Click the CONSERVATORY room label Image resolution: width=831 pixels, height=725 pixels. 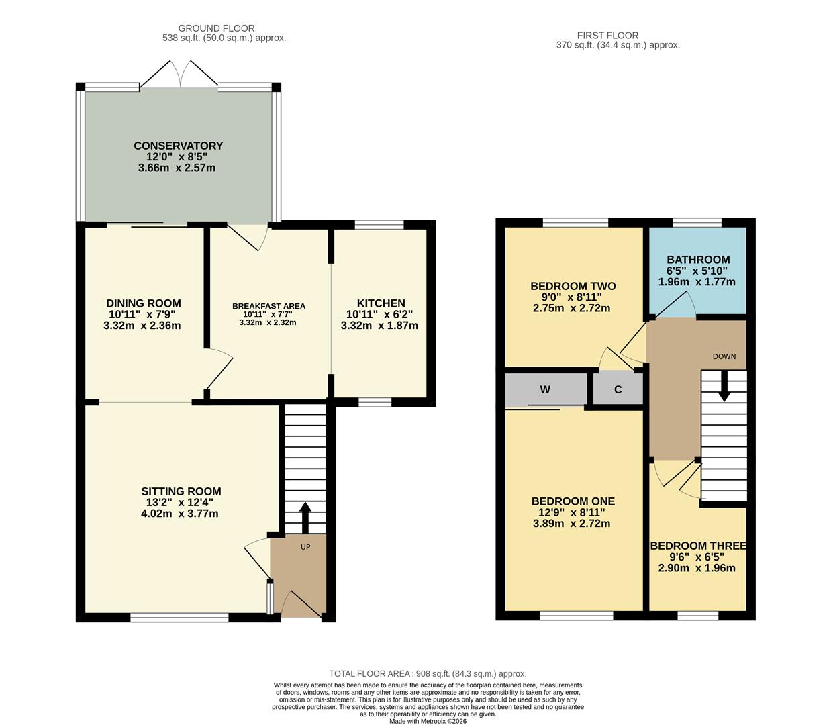pyautogui.click(x=178, y=146)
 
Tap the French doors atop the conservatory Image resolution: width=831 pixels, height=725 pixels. pyautogui.click(x=179, y=74)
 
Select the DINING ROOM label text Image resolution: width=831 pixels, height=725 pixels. pyautogui.click(x=144, y=303)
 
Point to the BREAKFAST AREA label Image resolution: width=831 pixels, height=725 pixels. pyautogui.click(x=268, y=306)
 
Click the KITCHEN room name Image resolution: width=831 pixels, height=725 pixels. pyautogui.click(x=381, y=303)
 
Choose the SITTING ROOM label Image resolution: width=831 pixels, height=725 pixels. pyautogui.click(x=181, y=491)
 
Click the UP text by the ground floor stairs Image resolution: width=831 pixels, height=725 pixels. pyautogui.click(x=305, y=547)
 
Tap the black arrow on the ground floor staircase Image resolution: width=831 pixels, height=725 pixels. pyautogui.click(x=305, y=517)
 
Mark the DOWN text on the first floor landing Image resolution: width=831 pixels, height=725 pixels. pyautogui.click(x=724, y=356)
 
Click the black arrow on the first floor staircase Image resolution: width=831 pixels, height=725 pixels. pyautogui.click(x=724, y=391)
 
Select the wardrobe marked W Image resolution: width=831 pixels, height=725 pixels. pyautogui.click(x=546, y=389)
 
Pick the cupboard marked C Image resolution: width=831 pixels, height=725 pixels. pyautogui.click(x=618, y=389)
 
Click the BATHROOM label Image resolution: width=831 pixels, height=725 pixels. pyautogui.click(x=698, y=260)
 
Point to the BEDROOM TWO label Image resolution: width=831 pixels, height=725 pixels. pyautogui.click(x=573, y=286)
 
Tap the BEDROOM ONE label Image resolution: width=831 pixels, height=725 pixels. pyautogui.click(x=573, y=501)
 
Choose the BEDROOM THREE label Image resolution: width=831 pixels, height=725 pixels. pyautogui.click(x=698, y=546)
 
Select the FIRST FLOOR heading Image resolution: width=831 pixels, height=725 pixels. pyautogui.click(x=607, y=36)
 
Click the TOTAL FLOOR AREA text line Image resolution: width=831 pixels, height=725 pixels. pyautogui.click(x=428, y=673)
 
